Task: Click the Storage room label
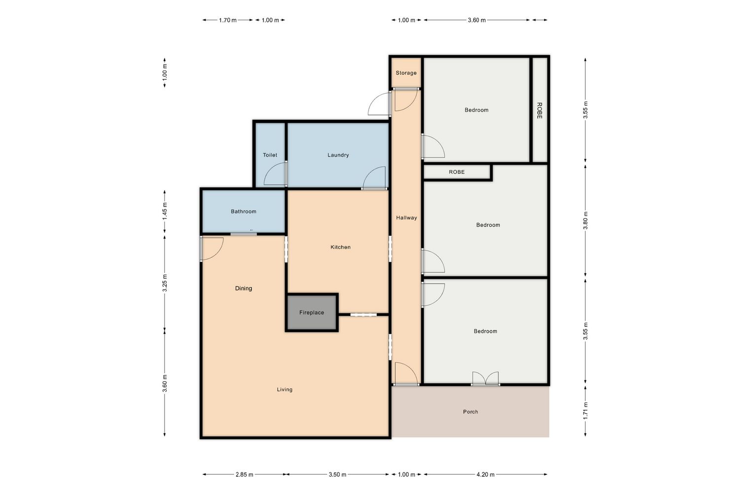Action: (x=406, y=73)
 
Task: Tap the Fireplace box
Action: (x=312, y=313)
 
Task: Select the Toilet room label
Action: (x=270, y=155)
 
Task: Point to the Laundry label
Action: (x=338, y=155)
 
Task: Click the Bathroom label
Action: (x=244, y=211)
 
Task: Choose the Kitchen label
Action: (x=340, y=247)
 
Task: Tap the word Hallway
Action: (x=407, y=217)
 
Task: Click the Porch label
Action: (x=471, y=412)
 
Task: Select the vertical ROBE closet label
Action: (x=539, y=110)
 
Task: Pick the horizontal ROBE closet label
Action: (x=456, y=172)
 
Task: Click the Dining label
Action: (x=244, y=288)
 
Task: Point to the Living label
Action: (x=285, y=389)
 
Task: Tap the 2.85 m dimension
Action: (x=245, y=474)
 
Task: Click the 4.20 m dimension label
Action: (x=485, y=474)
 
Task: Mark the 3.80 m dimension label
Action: (x=585, y=220)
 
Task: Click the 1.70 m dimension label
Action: (x=227, y=20)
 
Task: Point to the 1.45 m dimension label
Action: (x=164, y=211)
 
